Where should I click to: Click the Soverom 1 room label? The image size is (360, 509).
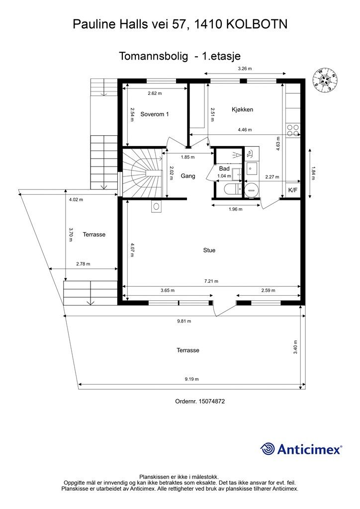pyautogui.click(x=155, y=114)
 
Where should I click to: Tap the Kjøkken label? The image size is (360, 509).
pyautogui.click(x=242, y=109)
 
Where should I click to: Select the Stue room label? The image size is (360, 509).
pyautogui.click(x=209, y=251)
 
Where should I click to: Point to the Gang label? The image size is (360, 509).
pyautogui.click(x=188, y=176)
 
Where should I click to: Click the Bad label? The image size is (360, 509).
pyautogui.click(x=224, y=169)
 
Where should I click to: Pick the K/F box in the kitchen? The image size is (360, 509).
pyautogui.click(x=293, y=190)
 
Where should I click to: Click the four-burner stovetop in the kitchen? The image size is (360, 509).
pyautogui.click(x=293, y=130)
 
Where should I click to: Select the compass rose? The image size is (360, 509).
pyautogui.click(x=325, y=80)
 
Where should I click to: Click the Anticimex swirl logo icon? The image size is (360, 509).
pyautogui.click(x=268, y=449)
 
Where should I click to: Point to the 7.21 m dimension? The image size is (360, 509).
pyautogui.click(x=211, y=281)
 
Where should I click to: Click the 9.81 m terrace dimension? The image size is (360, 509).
pyautogui.click(x=184, y=321)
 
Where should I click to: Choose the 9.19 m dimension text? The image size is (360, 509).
pyautogui.click(x=191, y=379)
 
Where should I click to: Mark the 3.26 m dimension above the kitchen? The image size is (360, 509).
pyautogui.click(x=245, y=69)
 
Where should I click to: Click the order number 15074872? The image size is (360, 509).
pyautogui.click(x=211, y=401)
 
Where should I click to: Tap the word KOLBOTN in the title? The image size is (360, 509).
pyautogui.click(x=257, y=24)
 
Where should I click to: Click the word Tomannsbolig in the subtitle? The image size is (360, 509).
pyautogui.click(x=153, y=56)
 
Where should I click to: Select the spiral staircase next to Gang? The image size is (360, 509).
pyautogui.click(x=142, y=172)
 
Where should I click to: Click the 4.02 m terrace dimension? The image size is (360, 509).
pyautogui.click(x=76, y=200)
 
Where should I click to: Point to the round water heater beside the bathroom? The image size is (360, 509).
pyautogui.click(x=251, y=189)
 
